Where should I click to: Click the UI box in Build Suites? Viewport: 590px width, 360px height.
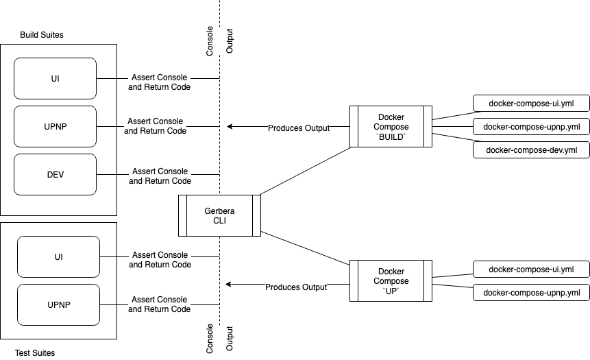click(55, 78)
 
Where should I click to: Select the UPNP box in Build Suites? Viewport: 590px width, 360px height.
click(55, 126)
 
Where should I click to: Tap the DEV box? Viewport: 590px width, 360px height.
click(55, 174)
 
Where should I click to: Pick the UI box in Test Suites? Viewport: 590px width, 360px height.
click(58, 256)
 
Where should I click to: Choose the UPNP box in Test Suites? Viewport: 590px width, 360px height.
click(58, 304)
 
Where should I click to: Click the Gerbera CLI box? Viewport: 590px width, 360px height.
click(219, 215)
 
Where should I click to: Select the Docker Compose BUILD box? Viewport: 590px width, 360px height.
click(391, 126)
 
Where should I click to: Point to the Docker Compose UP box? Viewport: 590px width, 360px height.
click(391, 280)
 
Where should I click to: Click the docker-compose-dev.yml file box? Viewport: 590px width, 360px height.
click(531, 149)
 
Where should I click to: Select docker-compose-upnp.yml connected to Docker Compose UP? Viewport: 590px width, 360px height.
click(531, 293)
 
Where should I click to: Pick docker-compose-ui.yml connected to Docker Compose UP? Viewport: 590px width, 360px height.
click(531, 269)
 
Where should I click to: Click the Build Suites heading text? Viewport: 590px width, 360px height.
click(42, 35)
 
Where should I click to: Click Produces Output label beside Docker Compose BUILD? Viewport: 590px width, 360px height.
click(299, 128)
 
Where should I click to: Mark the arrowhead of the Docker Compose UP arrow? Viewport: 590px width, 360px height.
click(230, 284)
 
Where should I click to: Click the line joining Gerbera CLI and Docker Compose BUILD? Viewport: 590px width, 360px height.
click(305, 170)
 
